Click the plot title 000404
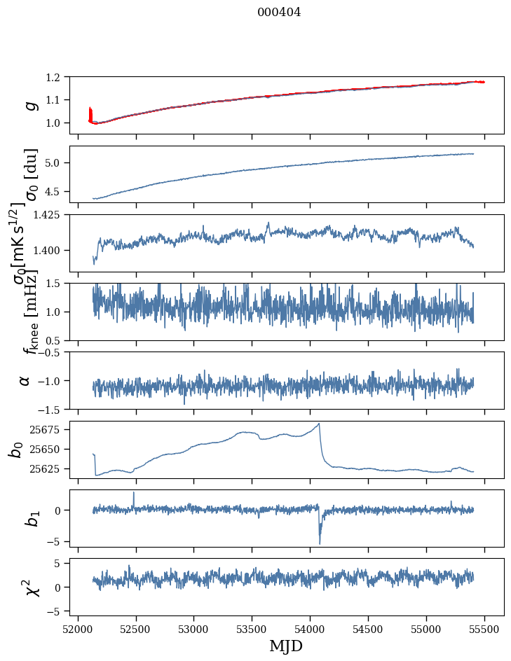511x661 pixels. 279,13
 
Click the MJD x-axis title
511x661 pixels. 286,646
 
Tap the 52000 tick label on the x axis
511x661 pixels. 78,629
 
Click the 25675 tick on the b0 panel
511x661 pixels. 46,429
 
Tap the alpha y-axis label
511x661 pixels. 25,380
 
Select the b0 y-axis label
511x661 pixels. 15,450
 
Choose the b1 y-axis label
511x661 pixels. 15,518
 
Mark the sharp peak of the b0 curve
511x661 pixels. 320,423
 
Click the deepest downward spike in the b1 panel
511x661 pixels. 320,543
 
